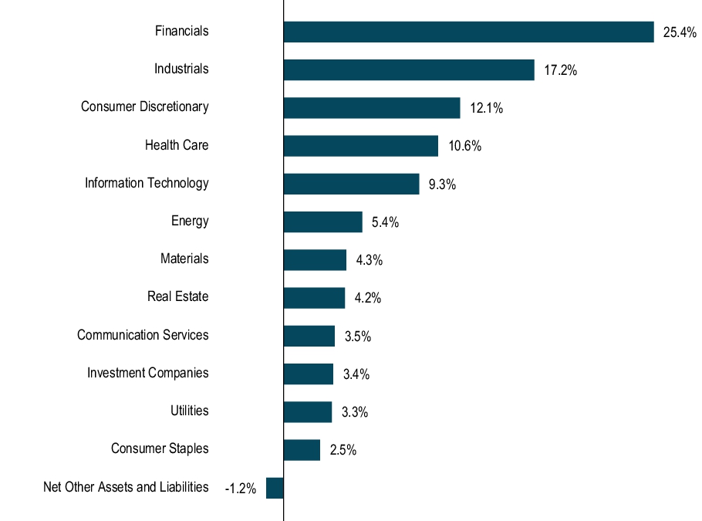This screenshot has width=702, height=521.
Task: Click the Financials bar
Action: tap(468, 32)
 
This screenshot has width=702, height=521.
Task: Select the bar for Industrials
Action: tap(409, 69)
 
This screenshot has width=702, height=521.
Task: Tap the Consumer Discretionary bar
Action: tap(372, 108)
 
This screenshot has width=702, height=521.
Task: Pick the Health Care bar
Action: tap(360, 146)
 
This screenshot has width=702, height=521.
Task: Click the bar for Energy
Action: tap(322, 222)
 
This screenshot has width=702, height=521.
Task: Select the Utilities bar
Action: tap(308, 412)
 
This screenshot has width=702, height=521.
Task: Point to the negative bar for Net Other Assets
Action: tap(275, 488)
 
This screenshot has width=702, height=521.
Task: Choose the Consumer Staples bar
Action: tap(302, 450)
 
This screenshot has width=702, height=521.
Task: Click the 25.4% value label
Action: tap(680, 32)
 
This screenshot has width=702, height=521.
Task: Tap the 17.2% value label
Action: tap(560, 70)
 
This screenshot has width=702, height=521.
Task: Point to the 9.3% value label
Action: tap(442, 184)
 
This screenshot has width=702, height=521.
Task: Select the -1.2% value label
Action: tap(240, 489)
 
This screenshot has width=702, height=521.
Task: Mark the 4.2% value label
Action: tap(368, 298)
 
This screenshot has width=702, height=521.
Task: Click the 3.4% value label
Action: tap(356, 374)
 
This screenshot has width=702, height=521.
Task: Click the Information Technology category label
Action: tap(147, 183)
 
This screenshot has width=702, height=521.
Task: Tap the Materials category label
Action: tap(184, 259)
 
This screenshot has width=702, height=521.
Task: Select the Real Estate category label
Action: tap(178, 296)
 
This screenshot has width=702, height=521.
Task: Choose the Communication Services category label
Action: tap(143, 335)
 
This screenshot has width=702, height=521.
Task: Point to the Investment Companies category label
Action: tap(147, 373)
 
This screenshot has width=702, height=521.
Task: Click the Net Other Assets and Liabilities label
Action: tap(126, 487)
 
